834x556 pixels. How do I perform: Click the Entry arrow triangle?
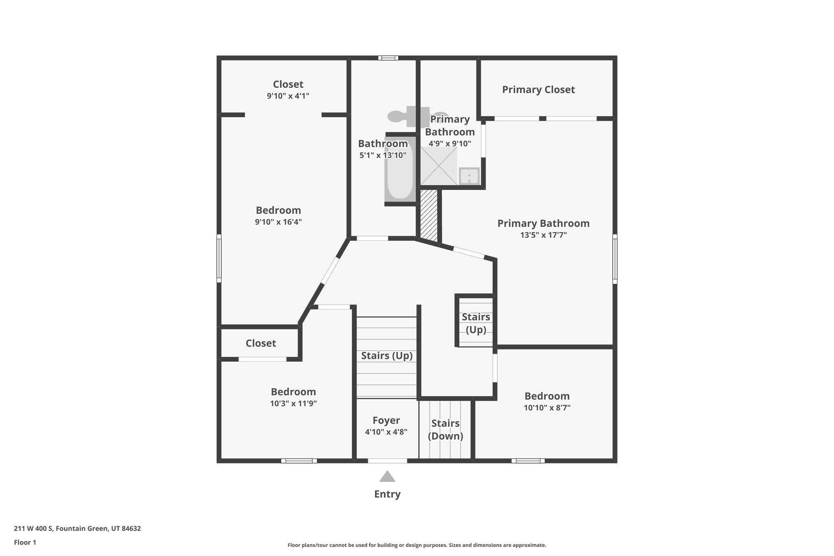coord(387,477)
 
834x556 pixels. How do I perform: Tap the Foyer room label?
coord(386,420)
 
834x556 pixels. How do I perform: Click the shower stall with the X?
coord(439,166)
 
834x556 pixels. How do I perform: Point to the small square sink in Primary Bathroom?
coord(469,176)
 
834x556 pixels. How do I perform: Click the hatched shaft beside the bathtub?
coord(428,215)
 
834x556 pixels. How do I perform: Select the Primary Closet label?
coord(538,90)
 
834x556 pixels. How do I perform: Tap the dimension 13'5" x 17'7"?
coord(543,235)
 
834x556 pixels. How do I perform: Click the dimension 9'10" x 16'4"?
coord(278,222)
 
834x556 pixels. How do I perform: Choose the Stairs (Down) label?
coord(445,430)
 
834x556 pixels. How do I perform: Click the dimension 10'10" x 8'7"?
coord(547,408)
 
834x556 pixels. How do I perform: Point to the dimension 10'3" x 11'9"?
coord(293,404)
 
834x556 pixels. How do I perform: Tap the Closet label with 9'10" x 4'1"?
coord(288,84)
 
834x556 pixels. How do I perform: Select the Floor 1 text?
coord(25,543)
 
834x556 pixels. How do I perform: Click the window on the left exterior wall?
coord(219,258)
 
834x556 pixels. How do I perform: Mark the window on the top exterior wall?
coord(388,58)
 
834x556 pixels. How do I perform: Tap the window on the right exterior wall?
coord(615,259)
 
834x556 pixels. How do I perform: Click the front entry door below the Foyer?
coord(387,461)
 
